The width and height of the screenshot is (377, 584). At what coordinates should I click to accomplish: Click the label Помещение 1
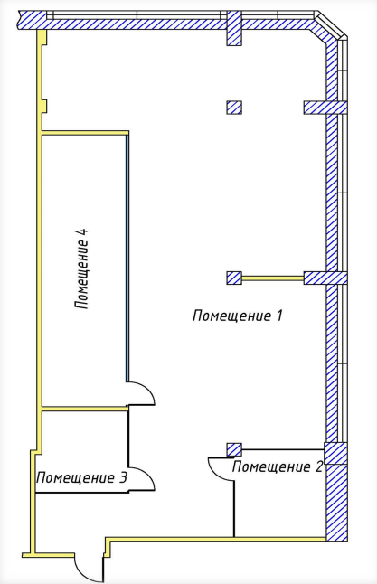[237, 316]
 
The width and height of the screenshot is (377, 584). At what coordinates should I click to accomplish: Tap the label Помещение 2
[277, 466]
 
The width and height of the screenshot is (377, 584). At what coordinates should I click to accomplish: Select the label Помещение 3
[82, 477]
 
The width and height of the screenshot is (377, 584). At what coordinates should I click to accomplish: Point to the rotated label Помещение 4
[81, 268]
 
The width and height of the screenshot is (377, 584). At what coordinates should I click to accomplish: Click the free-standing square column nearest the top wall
[234, 108]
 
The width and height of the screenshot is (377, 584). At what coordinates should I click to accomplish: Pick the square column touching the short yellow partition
[234, 278]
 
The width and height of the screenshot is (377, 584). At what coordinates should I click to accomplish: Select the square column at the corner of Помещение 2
[234, 449]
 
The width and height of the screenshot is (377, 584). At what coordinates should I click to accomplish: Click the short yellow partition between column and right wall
[273, 278]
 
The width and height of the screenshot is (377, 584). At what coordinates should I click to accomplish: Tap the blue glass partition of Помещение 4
[127, 259]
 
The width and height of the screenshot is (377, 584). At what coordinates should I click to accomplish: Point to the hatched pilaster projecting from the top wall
[234, 28]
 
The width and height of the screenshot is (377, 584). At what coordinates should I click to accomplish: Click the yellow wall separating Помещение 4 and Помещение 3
[85, 409]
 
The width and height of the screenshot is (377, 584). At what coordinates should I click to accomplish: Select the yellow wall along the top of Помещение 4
[85, 133]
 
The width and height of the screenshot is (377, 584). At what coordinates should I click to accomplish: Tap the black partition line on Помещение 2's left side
[234, 509]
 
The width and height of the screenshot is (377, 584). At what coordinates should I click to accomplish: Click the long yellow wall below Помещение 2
[216, 539]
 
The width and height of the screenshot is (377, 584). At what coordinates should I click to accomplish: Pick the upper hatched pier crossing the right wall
[325, 108]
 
